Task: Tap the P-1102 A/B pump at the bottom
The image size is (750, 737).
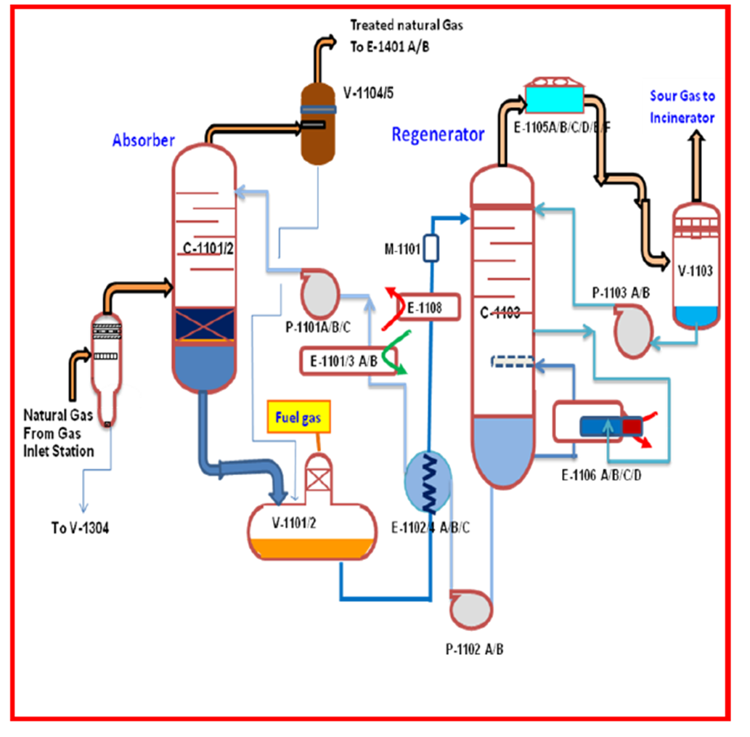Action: tap(470, 610)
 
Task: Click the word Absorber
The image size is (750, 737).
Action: tap(143, 141)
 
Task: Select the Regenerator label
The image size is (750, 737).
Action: tap(437, 134)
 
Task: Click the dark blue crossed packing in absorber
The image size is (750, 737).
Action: tap(204, 324)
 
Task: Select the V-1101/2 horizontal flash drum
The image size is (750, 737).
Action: tap(313, 533)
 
